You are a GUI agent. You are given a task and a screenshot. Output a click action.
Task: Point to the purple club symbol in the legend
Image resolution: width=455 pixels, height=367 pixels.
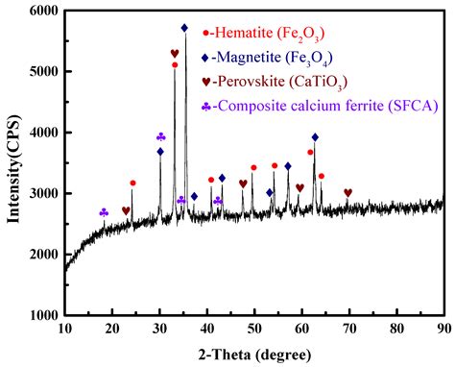[206, 106]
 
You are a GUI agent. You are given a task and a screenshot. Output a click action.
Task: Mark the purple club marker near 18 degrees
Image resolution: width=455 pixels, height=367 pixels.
[104, 212]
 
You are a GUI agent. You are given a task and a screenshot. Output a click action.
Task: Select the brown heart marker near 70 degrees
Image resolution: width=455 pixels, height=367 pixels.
[347, 193]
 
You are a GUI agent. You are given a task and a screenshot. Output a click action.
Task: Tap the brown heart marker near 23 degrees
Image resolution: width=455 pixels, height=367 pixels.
[126, 210]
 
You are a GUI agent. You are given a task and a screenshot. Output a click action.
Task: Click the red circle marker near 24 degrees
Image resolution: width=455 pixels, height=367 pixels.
[132, 183]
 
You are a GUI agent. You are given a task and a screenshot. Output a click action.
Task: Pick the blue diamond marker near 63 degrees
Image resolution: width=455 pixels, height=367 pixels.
[315, 137]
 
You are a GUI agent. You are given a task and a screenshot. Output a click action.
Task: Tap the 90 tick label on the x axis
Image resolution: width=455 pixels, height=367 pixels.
[443, 329]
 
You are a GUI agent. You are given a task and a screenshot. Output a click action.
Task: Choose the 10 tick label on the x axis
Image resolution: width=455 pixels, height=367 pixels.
[64, 329]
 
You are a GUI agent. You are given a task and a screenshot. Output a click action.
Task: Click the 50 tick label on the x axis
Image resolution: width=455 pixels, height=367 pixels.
[253, 329]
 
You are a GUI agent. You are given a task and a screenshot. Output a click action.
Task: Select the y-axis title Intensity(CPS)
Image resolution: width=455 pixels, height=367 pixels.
[13, 163]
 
